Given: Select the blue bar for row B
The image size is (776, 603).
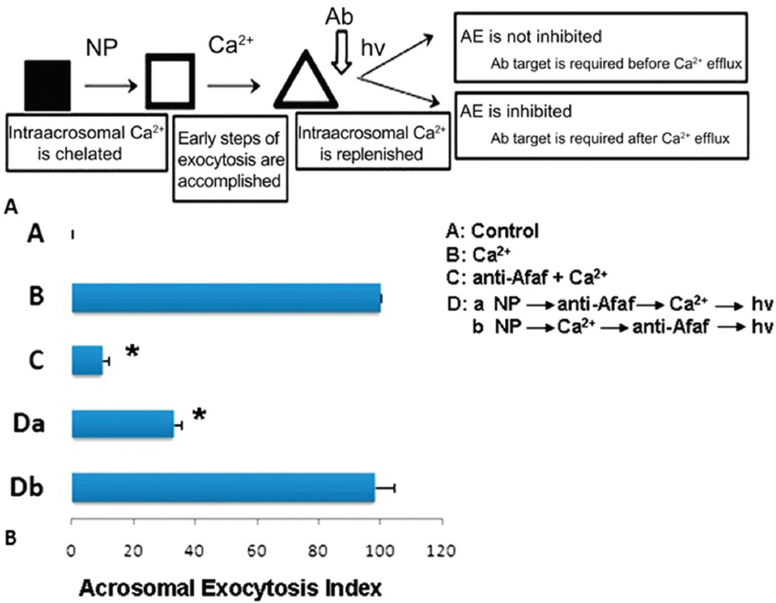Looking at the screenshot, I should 226,297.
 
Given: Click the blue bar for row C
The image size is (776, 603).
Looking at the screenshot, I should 87,361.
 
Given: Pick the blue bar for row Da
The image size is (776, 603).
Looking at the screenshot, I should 123,424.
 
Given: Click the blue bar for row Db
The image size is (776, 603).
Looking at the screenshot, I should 223,487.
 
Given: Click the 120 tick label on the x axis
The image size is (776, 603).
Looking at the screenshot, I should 441,551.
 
